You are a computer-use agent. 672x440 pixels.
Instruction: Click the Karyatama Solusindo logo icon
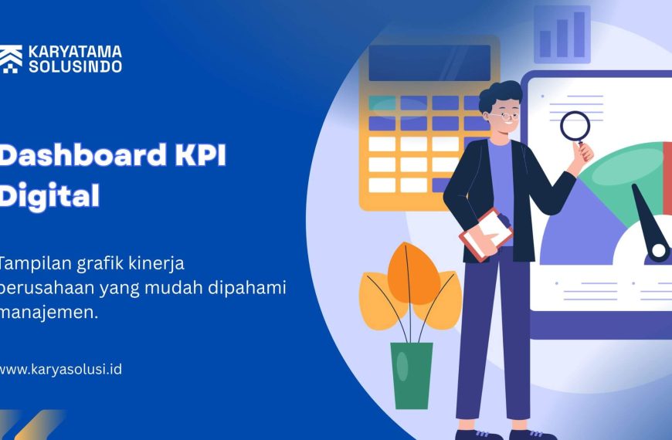coord(11,59)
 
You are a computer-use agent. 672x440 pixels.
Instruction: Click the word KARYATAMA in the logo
coord(75,52)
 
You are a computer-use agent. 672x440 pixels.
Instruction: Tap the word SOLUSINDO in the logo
coord(75,66)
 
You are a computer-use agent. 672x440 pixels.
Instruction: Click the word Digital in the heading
coord(49,195)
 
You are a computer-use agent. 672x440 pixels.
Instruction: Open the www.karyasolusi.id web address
coord(60,369)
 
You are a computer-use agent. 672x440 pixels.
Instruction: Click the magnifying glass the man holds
coord(575,127)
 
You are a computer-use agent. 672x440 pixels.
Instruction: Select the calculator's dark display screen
coord(429,63)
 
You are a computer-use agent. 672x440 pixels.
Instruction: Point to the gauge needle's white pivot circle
coord(658,250)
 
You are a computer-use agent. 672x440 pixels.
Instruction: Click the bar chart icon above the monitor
coord(562,35)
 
